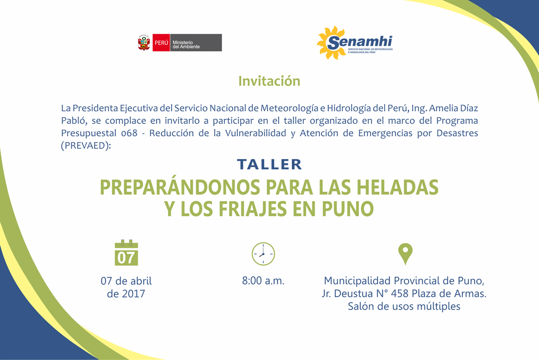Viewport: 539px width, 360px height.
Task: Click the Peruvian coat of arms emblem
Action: pos(144,43)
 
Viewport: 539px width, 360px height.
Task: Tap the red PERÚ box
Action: pos(161,43)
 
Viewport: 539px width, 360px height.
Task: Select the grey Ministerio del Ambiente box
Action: pos(196,43)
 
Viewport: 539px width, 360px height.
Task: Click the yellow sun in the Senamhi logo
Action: pos(331,43)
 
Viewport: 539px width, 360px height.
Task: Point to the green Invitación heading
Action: pos(269,81)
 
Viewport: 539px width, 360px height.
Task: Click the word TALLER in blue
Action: pos(270,164)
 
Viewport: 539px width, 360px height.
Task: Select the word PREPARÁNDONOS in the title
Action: pos(180,188)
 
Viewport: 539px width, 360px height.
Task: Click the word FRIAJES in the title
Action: pos(253,209)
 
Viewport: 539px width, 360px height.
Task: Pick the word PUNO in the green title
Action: pos(348,209)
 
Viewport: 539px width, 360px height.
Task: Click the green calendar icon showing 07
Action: pos(126,253)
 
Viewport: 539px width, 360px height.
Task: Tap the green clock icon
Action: pos(263,254)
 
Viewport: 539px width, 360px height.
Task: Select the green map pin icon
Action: pos(405,254)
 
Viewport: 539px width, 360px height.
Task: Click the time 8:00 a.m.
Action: pos(263,281)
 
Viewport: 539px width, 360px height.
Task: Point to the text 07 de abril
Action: pos(126,281)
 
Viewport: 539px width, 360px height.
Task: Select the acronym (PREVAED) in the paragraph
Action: pos(86,145)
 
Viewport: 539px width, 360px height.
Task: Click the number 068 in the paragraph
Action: pos(129,133)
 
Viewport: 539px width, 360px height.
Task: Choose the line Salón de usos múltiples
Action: pos(404,306)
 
